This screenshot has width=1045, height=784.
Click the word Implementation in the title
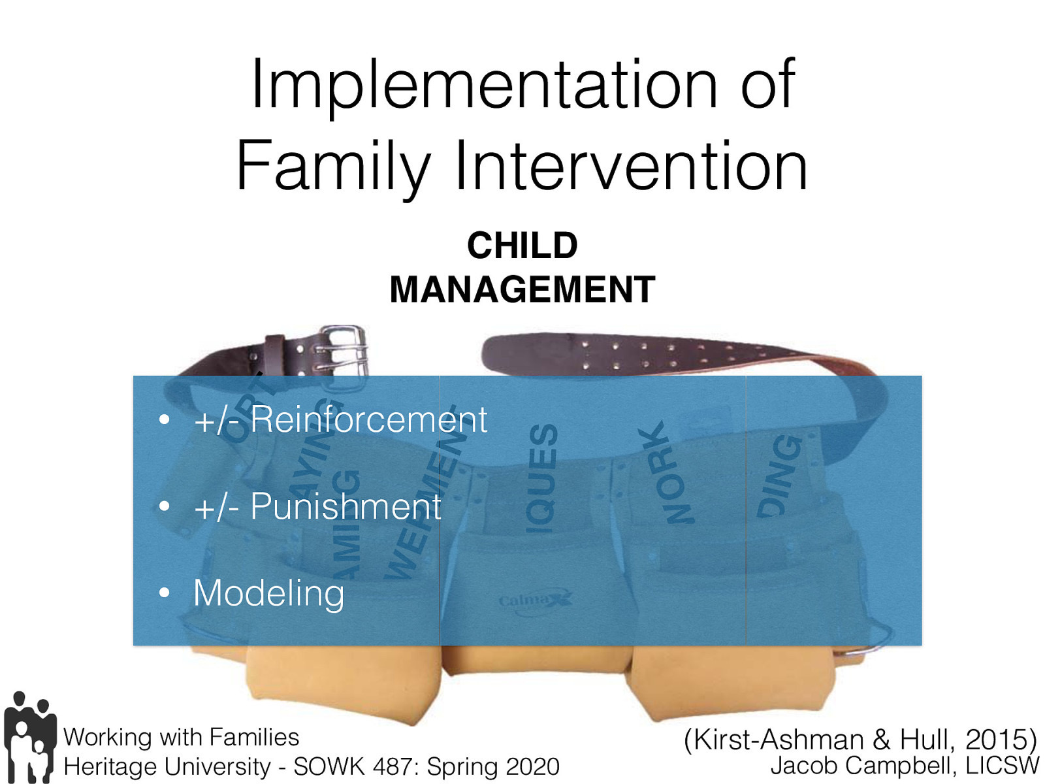coord(483,85)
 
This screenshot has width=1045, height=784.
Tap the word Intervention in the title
coord(631,167)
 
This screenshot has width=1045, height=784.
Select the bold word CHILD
coord(522,246)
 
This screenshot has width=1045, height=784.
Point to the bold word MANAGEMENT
coord(522,289)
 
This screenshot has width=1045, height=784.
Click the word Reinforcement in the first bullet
coord(368,419)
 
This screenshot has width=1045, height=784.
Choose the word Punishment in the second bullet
coord(346,506)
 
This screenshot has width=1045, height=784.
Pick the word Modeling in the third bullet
coord(268,593)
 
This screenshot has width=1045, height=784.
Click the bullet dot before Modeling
coord(165,593)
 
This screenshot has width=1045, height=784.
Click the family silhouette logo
coord(29,737)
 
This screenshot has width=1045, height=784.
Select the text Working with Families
coord(181,737)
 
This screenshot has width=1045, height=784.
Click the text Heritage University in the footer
coord(167,766)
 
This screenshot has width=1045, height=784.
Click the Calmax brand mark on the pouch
coord(535,599)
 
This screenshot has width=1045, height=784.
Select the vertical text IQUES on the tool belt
coord(543,477)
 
